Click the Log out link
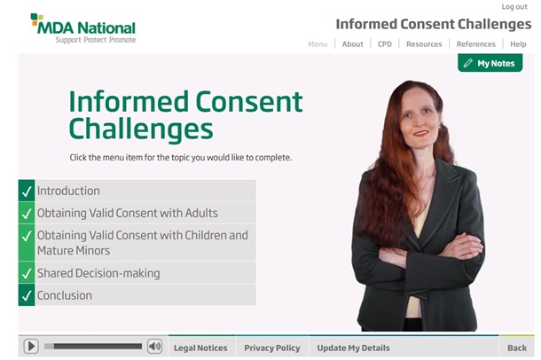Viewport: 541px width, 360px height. [x=514, y=7]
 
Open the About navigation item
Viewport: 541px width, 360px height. [x=353, y=44]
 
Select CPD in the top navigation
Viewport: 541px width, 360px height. [x=385, y=44]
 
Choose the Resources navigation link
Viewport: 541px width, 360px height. [x=424, y=44]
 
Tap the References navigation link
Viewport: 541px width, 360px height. [x=475, y=44]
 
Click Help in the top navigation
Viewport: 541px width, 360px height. [x=518, y=44]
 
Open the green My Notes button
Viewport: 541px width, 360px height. [x=490, y=64]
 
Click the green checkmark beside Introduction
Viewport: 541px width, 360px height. [x=26, y=191]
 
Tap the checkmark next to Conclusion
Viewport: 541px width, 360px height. [x=26, y=295]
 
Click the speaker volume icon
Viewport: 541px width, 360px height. [x=154, y=347]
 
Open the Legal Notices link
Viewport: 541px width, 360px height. [x=200, y=348]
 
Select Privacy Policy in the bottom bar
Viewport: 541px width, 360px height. [x=272, y=348]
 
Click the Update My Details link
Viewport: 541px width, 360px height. [x=353, y=348]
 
